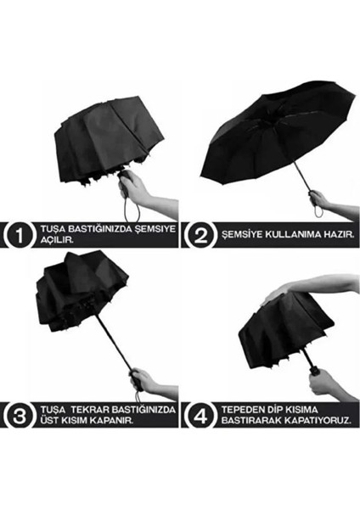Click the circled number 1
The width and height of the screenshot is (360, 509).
(x=18, y=233)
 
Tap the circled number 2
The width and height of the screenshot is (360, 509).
(x=199, y=233)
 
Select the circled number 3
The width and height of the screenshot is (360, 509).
(x=18, y=414)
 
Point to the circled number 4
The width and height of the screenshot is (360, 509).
(x=199, y=414)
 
